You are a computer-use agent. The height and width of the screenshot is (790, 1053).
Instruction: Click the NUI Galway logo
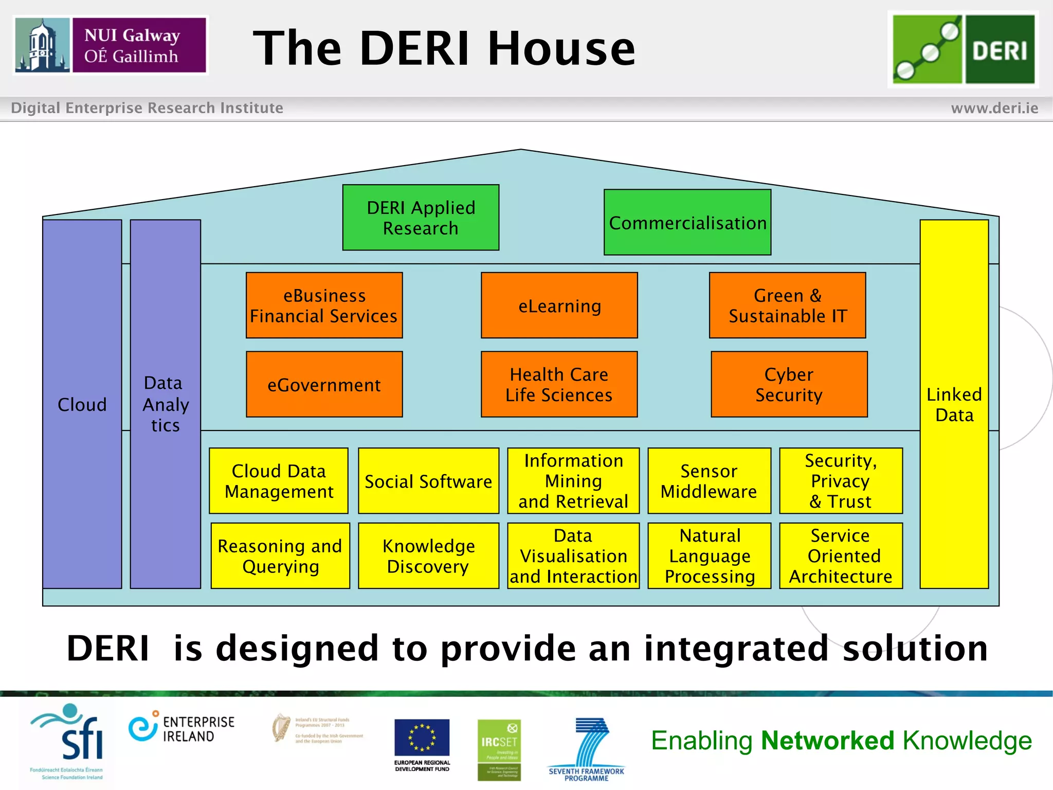[x=111, y=45]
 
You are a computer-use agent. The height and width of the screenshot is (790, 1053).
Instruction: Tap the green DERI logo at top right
[x=963, y=49]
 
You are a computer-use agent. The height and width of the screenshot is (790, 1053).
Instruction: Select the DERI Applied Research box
[x=421, y=218]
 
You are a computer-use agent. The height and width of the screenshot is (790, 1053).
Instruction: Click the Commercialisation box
[x=687, y=223]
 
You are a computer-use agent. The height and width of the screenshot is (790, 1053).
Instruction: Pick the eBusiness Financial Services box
[x=324, y=306]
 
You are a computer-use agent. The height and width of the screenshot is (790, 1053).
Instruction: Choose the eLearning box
[x=559, y=306]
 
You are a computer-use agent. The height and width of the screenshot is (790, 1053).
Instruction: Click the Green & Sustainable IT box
[x=787, y=306]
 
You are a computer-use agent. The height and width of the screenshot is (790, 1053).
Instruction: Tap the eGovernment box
[x=324, y=385]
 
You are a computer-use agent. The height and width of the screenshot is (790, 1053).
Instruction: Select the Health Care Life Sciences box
[x=559, y=385]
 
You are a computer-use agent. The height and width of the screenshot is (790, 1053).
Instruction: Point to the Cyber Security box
[x=789, y=385]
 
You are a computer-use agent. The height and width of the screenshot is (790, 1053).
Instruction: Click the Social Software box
[x=428, y=481]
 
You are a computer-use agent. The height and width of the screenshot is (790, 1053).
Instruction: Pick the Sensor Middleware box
[x=709, y=481]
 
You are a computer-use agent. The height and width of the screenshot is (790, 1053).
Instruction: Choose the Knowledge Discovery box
[x=428, y=556]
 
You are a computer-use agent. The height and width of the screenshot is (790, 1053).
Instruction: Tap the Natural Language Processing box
[x=709, y=556]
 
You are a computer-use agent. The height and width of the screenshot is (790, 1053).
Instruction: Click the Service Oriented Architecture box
[x=841, y=556]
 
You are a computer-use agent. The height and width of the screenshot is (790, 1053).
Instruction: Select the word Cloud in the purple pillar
[x=82, y=405]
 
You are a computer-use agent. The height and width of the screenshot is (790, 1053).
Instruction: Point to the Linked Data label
[x=954, y=405]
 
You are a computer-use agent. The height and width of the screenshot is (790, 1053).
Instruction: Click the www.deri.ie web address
[x=994, y=108]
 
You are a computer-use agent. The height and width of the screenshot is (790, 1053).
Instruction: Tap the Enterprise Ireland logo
[x=181, y=728]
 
